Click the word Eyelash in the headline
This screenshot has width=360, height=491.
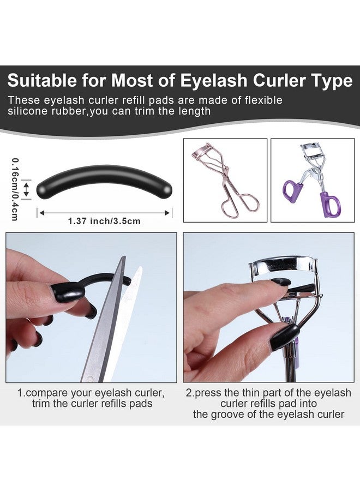[213, 81]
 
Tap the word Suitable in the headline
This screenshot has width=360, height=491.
[42, 81]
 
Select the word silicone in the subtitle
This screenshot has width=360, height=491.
[27, 111]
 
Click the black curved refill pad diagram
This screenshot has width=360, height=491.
[105, 182]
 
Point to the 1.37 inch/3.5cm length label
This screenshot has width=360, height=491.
[104, 221]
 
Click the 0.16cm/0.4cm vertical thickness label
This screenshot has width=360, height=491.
[14, 189]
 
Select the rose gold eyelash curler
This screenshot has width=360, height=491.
[225, 181]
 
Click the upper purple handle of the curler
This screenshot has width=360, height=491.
[292, 191]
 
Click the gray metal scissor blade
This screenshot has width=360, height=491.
[103, 319]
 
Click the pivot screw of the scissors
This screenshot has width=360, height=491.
[91, 379]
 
